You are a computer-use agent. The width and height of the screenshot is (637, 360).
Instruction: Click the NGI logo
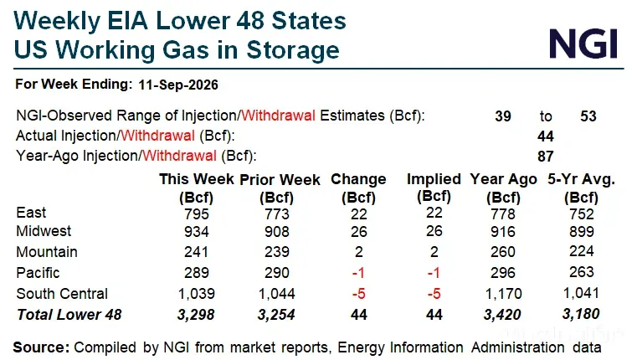click(583, 44)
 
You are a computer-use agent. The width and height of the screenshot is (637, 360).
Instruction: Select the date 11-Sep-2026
click(178, 85)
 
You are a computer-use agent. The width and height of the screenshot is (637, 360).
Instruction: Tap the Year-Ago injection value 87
click(545, 157)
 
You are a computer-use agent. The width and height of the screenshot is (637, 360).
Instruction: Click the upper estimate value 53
click(588, 116)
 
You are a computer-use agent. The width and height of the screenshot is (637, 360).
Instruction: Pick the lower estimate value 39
click(503, 116)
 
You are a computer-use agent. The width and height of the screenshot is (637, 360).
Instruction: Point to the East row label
click(31, 213)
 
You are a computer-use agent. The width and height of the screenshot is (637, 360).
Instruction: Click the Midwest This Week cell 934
click(196, 232)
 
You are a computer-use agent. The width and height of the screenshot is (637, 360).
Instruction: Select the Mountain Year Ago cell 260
click(502, 252)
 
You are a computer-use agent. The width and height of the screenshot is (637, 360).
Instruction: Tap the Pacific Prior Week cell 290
click(277, 273)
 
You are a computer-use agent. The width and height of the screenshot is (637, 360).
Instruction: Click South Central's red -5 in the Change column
click(358, 293)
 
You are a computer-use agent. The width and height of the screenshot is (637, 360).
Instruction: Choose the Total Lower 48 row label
click(69, 315)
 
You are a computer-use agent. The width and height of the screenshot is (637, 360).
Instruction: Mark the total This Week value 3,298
click(196, 315)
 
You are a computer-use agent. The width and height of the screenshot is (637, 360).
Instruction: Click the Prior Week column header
click(280, 188)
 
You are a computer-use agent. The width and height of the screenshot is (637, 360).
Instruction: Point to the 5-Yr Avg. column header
click(582, 188)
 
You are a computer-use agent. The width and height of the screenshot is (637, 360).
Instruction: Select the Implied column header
click(434, 188)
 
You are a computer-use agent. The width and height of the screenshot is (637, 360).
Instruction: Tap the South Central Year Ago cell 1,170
click(503, 293)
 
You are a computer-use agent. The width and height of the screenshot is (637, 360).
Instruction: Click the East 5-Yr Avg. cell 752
click(582, 213)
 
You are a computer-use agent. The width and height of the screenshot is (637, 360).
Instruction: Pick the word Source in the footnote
click(42, 347)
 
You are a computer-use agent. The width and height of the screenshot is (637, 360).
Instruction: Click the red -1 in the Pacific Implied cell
click(434, 273)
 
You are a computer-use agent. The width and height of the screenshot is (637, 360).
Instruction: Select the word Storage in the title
click(293, 50)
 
